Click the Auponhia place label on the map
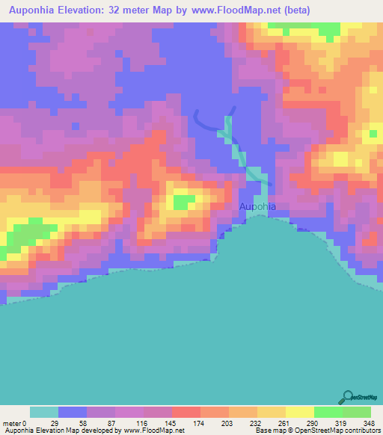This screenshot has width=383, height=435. [x=257, y=206]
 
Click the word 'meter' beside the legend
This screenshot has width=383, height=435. [x=12, y=423]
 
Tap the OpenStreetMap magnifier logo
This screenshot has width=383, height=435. [x=348, y=397]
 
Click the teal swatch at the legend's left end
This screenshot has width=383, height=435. [x=43, y=412]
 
